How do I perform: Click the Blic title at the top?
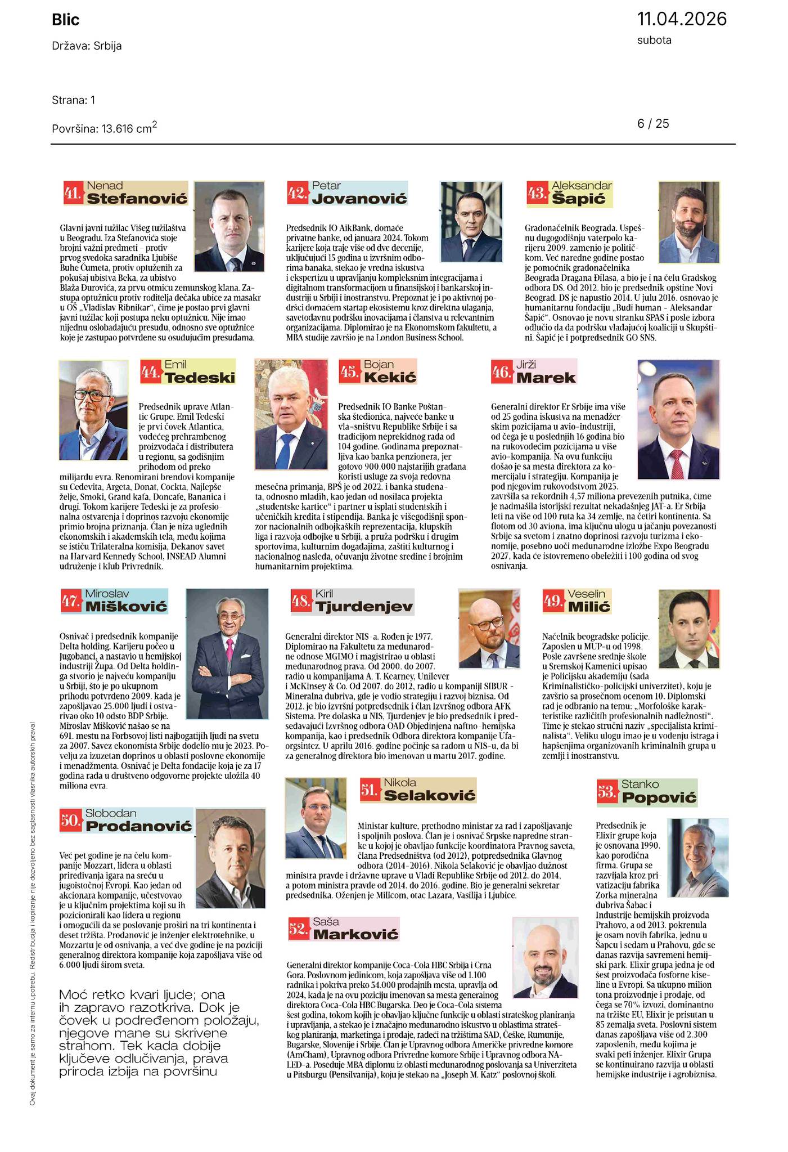66,20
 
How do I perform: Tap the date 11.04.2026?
682,19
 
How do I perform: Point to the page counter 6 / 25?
653,123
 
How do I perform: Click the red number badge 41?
73,194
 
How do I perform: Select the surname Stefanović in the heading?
137,198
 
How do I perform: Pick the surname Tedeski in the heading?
200,377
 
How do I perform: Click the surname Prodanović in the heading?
138,826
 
